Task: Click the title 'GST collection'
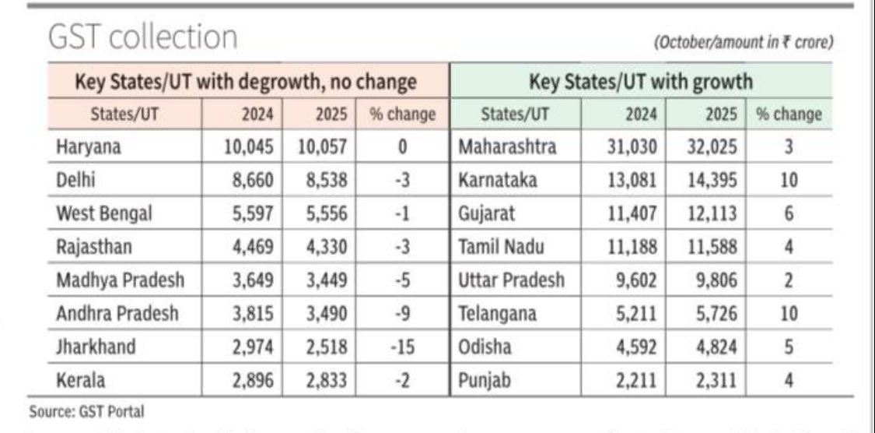pos(143,37)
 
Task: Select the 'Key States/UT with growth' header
pos(641,81)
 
